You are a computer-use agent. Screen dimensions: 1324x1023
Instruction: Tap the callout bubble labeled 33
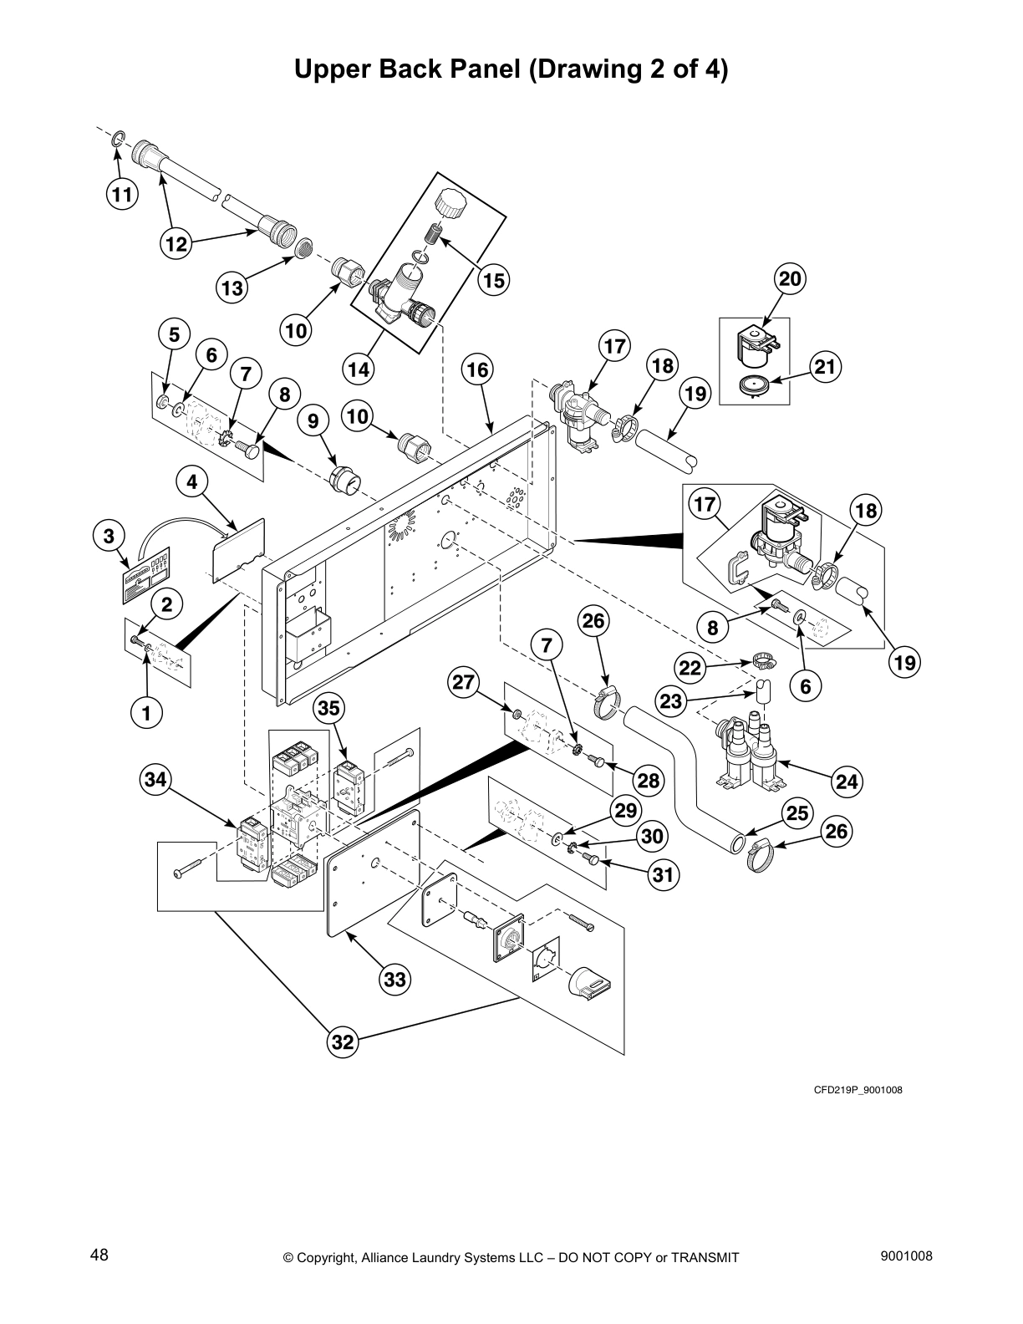[395, 979]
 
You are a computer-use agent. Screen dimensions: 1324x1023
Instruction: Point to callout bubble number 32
[344, 1041]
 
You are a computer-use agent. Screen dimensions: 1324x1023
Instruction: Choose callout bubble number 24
[847, 781]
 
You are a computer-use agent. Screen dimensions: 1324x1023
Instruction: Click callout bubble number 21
[825, 367]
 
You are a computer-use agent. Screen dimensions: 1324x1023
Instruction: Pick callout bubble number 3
[109, 535]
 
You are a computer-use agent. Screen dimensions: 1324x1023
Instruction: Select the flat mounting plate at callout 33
[371, 869]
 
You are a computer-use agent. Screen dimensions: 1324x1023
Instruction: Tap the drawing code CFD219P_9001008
[858, 1090]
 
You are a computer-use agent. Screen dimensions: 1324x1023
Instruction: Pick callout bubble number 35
[329, 709]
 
